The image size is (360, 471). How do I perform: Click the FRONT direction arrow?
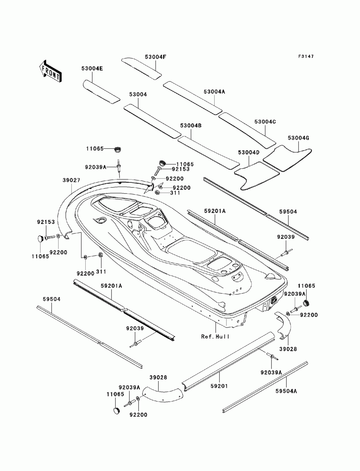click(x=50, y=71)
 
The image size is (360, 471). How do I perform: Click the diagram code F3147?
click(x=306, y=56)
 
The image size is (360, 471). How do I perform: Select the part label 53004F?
click(x=156, y=57)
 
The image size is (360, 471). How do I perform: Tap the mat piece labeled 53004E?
click(x=101, y=92)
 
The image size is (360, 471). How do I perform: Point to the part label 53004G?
click(x=298, y=138)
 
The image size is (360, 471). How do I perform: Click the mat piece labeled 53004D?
click(x=257, y=176)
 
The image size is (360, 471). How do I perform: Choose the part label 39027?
click(x=71, y=180)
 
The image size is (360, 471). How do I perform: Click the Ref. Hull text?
click(x=215, y=336)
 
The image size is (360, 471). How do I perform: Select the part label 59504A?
click(x=286, y=391)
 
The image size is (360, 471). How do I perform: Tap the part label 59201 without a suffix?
click(x=219, y=386)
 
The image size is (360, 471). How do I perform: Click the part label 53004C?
click(x=265, y=122)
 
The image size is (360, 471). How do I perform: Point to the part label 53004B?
click(x=191, y=126)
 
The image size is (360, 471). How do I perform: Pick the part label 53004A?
click(x=214, y=92)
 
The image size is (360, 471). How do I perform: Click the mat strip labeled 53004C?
click(x=247, y=130)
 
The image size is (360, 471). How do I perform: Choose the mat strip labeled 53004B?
click(x=208, y=153)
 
